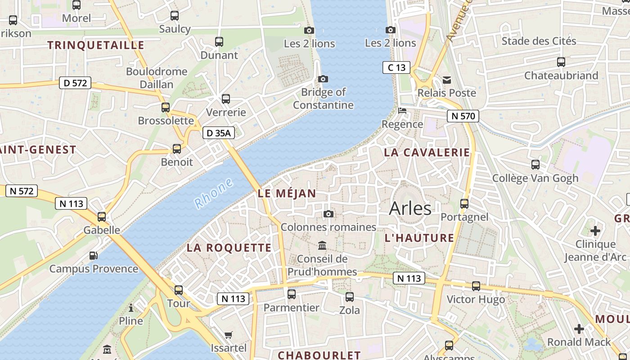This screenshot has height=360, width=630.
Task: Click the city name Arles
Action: pyautogui.click(x=410, y=208)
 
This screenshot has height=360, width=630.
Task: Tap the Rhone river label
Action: pyautogui.click(x=214, y=193)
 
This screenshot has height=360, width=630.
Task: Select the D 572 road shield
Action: pyautogui.click(x=75, y=83)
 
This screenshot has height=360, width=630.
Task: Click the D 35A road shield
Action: pyautogui.click(x=218, y=133)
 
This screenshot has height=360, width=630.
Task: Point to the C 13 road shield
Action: pyautogui.click(x=396, y=67)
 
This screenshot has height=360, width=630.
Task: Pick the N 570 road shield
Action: pyautogui.click(x=463, y=116)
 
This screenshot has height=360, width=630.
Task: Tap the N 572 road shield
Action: pyautogui.click(x=22, y=191)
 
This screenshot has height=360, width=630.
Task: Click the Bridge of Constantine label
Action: pyautogui.click(x=323, y=99)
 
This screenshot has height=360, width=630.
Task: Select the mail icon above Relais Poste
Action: pyautogui.click(x=447, y=80)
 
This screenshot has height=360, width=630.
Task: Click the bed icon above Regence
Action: pyautogui.click(x=402, y=111)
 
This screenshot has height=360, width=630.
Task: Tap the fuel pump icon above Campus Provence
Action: pyautogui.click(x=94, y=256)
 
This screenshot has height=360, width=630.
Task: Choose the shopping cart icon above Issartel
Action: pyautogui.click(x=229, y=335)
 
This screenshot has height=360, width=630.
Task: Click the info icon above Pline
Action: pyautogui.click(x=131, y=308)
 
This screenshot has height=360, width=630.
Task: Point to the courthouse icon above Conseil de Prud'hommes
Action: pyautogui.click(x=322, y=245)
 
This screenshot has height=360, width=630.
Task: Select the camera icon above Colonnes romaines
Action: pyautogui.click(x=328, y=214)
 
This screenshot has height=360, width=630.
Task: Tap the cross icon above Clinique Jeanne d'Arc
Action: pyautogui.click(x=595, y=231)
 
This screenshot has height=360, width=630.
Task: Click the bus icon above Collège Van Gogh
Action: pyautogui.click(x=535, y=165)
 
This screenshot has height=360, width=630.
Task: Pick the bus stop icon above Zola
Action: pyautogui.click(x=349, y=297)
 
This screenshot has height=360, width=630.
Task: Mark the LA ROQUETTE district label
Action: pyautogui.click(x=229, y=247)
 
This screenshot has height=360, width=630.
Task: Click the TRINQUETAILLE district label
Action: pyautogui.click(x=96, y=45)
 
